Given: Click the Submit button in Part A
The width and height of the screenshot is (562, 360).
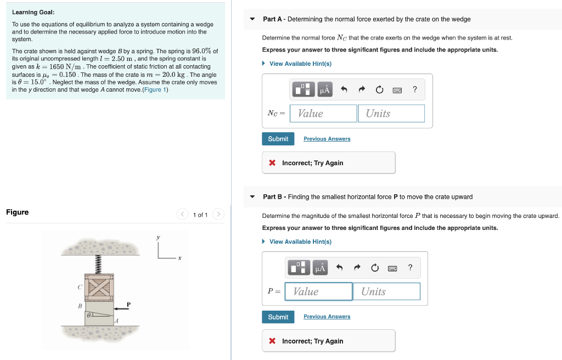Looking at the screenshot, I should tap(278, 139).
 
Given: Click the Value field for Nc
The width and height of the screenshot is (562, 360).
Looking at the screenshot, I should tap(323, 114).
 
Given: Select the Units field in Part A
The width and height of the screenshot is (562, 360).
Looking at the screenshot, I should tap(391, 114).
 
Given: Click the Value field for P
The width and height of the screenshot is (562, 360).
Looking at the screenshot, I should tap(318, 291).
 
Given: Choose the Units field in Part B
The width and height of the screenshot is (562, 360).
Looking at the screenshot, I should tap(386, 291).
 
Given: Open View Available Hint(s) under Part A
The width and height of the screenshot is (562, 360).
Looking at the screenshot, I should tap(300, 64).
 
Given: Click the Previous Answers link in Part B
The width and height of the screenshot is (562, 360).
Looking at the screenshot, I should tap(327, 317).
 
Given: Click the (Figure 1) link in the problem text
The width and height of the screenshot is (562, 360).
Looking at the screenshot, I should tap(155, 89).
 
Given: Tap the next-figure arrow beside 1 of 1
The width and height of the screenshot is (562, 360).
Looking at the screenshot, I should tap(218, 215).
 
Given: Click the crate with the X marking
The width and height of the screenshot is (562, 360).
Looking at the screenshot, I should tap(99, 286).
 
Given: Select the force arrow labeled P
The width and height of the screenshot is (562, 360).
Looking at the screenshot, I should tap(123, 309).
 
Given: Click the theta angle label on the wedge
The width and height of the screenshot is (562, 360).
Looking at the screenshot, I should tap(88, 316).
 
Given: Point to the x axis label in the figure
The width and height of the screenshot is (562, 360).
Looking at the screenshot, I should tap(179, 258).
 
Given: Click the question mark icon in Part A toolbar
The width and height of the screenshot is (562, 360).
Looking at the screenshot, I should tap(414, 90).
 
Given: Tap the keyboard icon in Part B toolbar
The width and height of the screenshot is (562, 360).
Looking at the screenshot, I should tap(392, 268).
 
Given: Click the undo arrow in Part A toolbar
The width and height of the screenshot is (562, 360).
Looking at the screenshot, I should tap(344, 90).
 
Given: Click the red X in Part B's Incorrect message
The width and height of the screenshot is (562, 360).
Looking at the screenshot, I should tap(272, 341).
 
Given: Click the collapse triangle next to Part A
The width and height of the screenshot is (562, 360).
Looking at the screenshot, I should tap(252, 19).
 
